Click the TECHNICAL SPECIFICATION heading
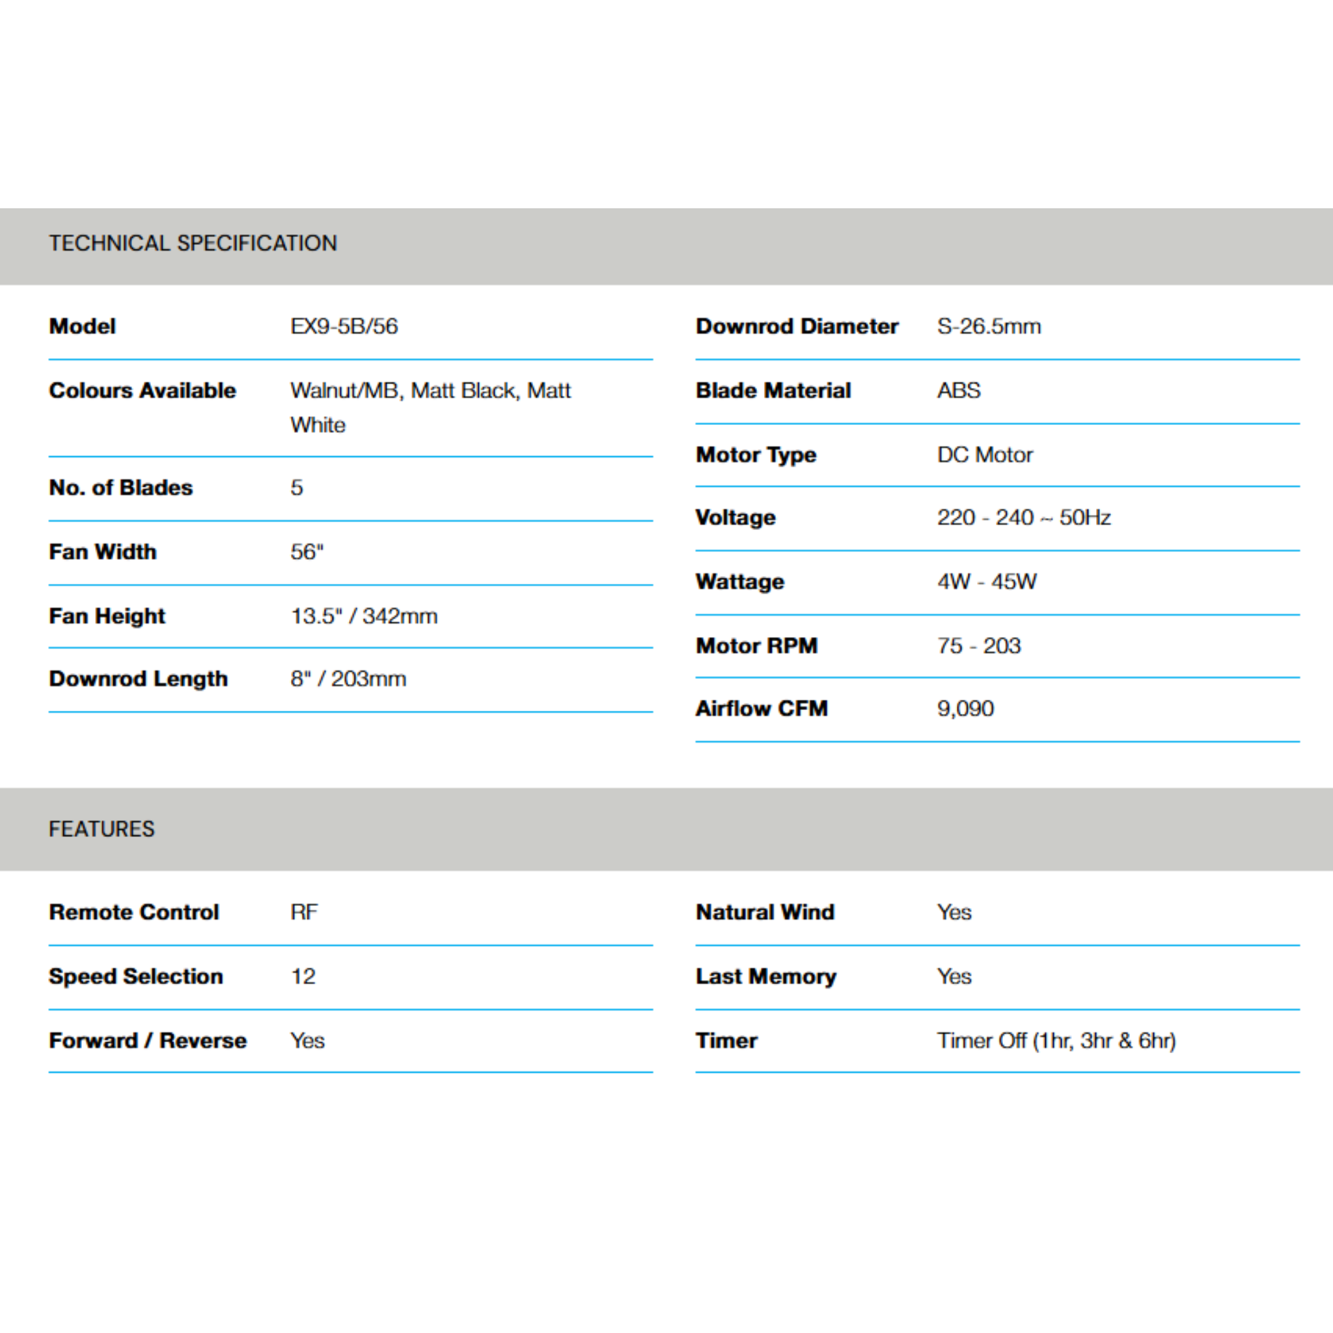point(193,243)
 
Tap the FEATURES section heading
point(102,829)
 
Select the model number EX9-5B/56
point(344,326)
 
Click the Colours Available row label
point(142,391)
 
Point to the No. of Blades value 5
point(297,488)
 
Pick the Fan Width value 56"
point(307,552)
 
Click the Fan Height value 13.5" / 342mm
point(364,616)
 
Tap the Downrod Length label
point(138,679)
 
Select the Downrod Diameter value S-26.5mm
point(989,326)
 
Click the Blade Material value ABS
point(958,391)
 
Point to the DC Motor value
point(985,455)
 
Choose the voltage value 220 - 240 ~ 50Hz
point(1023,517)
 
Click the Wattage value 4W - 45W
point(987,582)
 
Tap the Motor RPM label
point(756,646)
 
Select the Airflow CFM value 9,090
point(965,709)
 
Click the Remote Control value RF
point(304,912)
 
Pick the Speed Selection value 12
point(303,976)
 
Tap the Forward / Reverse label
point(148,1041)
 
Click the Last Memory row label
point(766,976)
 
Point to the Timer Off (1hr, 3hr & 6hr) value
point(1056,1041)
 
